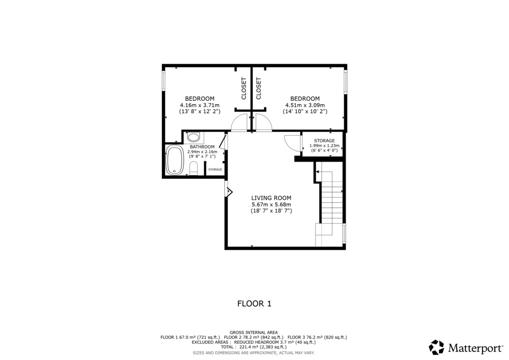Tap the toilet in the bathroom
193,168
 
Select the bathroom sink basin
194,137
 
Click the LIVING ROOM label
271,198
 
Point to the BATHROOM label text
202,147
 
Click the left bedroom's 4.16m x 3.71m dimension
200,105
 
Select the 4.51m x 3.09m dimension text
305,105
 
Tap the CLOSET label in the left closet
244,88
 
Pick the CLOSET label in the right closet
259,88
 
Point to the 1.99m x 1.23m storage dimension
324,146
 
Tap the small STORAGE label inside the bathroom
215,170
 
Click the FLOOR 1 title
254,303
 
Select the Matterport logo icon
436,347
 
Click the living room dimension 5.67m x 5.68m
271,205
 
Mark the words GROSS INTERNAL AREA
254,333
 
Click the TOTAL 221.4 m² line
254,347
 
